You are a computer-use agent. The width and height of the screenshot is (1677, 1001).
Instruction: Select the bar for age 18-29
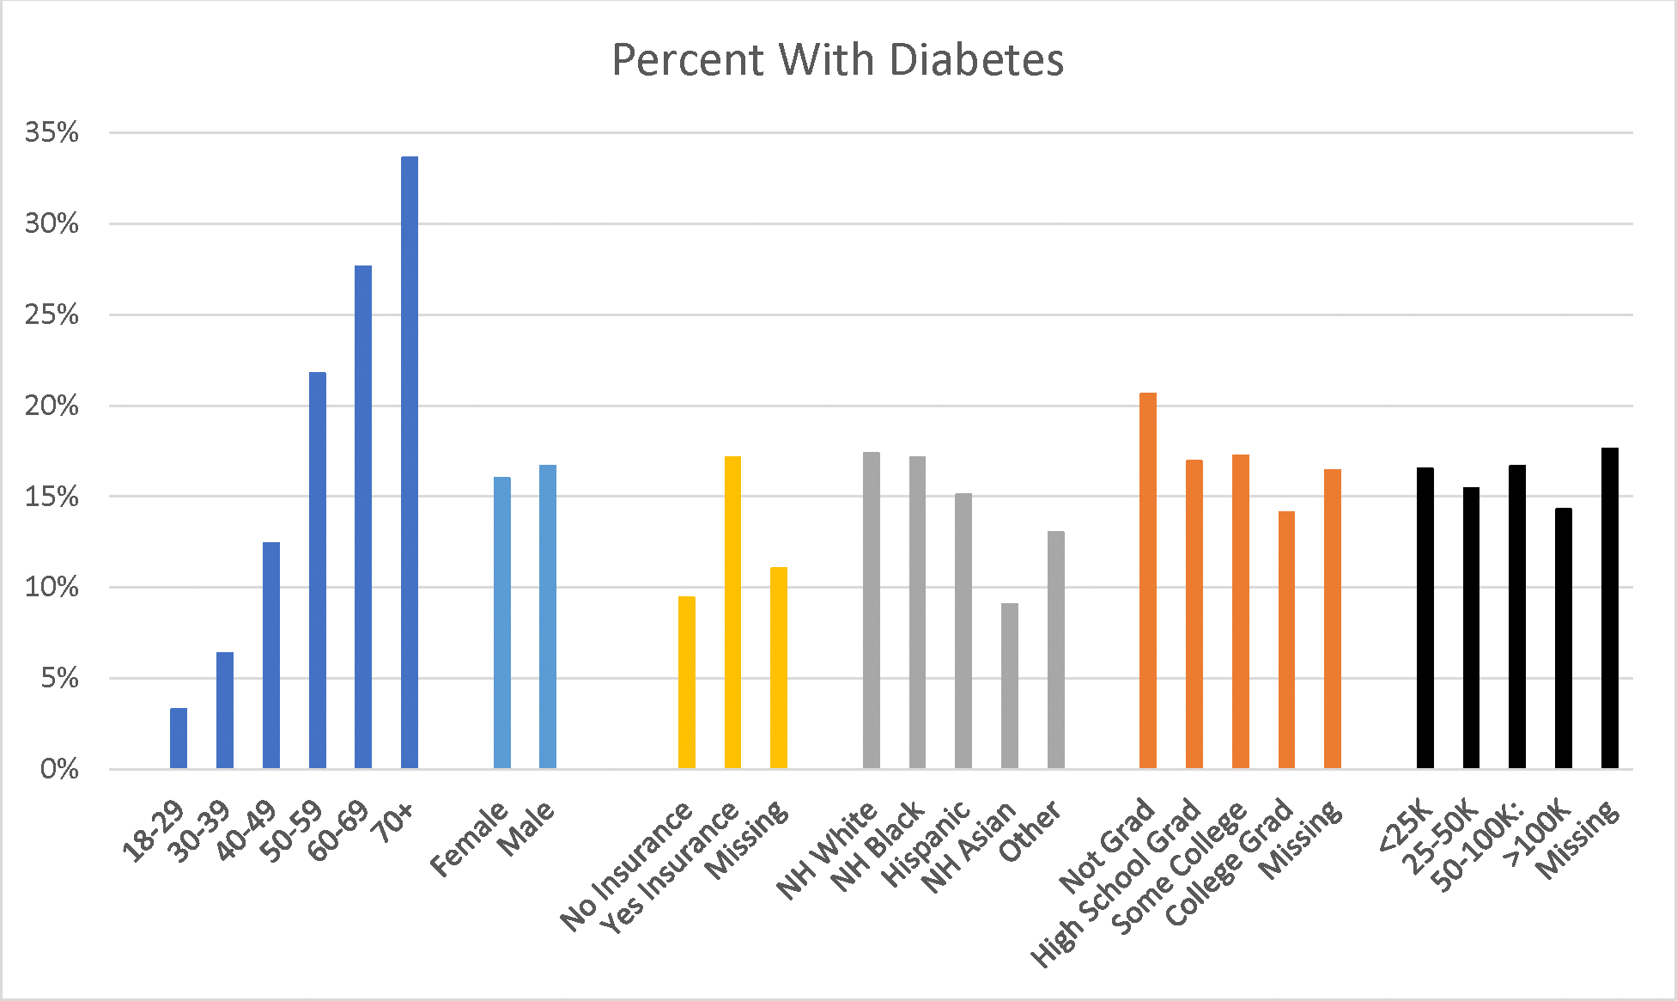click(179, 738)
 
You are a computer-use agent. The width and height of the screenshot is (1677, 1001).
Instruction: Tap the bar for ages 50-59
click(318, 571)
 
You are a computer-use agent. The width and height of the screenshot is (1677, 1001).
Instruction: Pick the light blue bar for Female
click(502, 623)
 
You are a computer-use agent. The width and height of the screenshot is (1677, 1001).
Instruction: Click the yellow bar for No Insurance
click(687, 682)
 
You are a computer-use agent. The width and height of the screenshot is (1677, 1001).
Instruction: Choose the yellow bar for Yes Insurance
click(732, 613)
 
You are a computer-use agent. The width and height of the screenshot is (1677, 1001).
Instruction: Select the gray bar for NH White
click(872, 610)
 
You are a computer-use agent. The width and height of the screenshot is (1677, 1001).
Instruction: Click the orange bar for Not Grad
click(1148, 581)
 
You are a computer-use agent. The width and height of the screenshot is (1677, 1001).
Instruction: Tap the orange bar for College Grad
click(1286, 640)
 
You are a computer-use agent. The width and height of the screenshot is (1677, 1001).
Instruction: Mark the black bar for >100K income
click(1564, 638)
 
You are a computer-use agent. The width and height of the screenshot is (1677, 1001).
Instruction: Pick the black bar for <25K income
click(1425, 618)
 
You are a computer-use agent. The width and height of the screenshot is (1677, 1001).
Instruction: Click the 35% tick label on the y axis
click(52, 132)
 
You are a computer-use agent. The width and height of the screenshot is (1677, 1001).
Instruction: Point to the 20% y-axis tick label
click(52, 406)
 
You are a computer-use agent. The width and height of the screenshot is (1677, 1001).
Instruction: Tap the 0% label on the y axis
click(59, 769)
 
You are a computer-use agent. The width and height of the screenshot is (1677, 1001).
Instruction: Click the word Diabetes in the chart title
click(976, 60)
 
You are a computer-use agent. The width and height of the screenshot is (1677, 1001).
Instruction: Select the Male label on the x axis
click(526, 828)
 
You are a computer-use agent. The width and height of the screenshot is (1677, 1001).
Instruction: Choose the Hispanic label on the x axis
click(926, 844)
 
